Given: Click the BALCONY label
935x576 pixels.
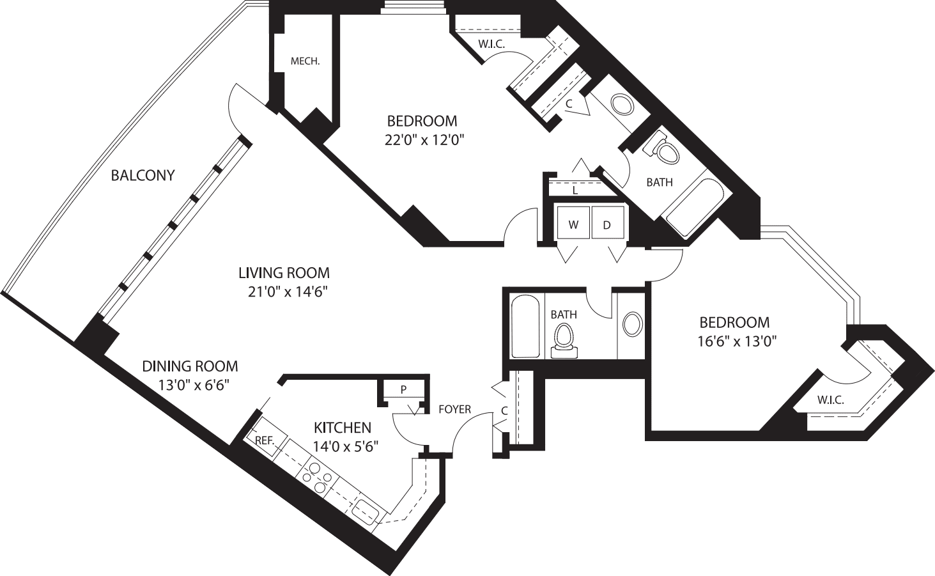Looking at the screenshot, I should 143,175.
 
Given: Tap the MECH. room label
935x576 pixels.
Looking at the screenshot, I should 305,62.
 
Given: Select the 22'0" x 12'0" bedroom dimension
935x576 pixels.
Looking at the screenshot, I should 423,140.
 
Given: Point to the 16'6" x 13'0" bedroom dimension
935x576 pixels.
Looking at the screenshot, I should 736,341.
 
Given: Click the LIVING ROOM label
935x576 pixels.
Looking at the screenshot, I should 284,273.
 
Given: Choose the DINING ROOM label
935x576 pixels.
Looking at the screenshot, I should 190,366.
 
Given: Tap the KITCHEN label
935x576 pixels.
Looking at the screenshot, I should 342,427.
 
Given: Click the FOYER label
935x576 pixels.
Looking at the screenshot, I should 454,409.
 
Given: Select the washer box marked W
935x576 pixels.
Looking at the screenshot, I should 573,224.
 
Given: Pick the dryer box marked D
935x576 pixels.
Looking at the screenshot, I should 607,224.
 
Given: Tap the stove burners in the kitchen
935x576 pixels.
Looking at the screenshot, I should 318,477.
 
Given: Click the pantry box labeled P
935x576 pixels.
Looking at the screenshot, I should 403,389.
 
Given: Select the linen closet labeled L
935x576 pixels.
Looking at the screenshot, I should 575,190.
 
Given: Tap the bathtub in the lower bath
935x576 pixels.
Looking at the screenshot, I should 527,326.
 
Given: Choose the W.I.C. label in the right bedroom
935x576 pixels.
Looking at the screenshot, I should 830,401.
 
